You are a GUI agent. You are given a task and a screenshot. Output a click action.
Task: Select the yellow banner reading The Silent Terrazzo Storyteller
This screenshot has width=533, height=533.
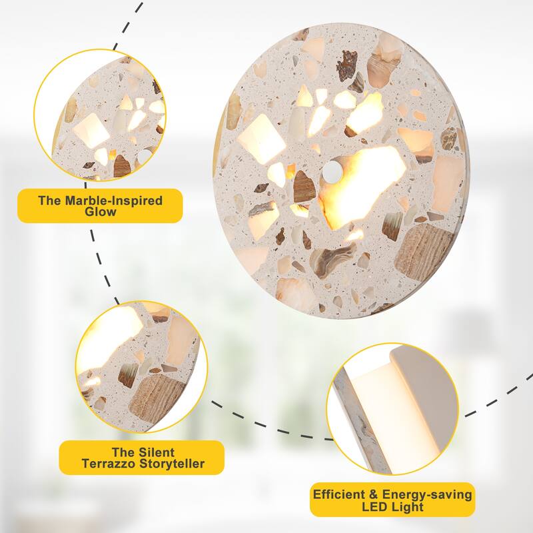pyautogui.click(x=141, y=458)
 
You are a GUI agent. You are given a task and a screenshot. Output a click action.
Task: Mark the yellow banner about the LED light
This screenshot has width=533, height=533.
pyautogui.click(x=393, y=500)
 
